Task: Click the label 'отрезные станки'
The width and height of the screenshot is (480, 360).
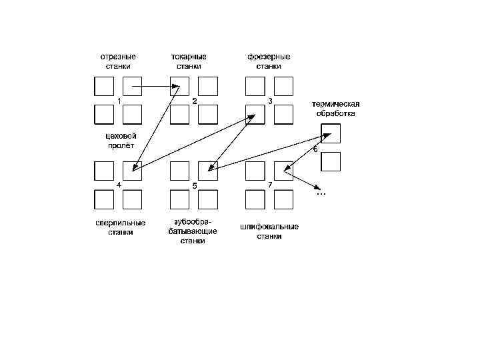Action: point(118,61)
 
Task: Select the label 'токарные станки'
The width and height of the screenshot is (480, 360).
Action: point(189,61)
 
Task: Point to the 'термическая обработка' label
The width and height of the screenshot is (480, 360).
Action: point(336,109)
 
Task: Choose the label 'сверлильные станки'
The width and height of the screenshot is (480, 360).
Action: point(120,227)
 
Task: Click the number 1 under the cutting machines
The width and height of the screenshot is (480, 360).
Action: point(119,101)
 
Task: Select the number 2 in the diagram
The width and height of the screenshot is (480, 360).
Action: point(194,101)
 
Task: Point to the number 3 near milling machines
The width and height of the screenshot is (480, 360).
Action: point(270,101)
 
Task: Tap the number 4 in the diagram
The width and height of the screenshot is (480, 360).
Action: point(119,185)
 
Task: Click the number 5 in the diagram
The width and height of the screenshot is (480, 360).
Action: point(194,185)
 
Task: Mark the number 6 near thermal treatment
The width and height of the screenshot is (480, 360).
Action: point(315,149)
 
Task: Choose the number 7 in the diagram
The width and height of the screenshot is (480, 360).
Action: point(270,184)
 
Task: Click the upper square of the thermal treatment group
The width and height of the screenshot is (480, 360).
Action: point(331,133)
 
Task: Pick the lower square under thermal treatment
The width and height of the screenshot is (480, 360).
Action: point(331,162)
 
